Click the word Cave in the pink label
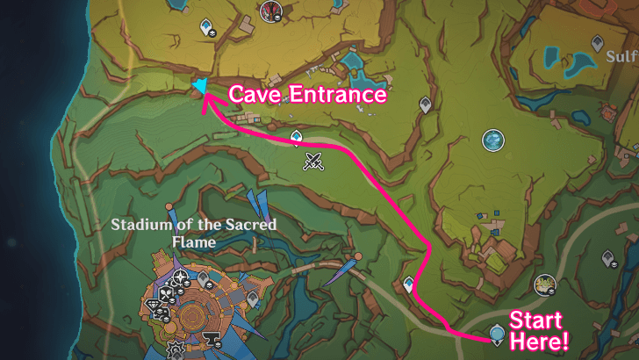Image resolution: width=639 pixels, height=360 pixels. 255,94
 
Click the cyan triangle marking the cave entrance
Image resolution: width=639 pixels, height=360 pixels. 201,85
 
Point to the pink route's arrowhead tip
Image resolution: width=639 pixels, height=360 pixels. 205,98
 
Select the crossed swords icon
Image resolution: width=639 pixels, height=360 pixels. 312,160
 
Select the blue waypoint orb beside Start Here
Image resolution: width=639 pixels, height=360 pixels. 497,334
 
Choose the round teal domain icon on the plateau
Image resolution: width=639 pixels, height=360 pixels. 493,140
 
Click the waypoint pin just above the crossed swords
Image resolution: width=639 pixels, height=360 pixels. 297,137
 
